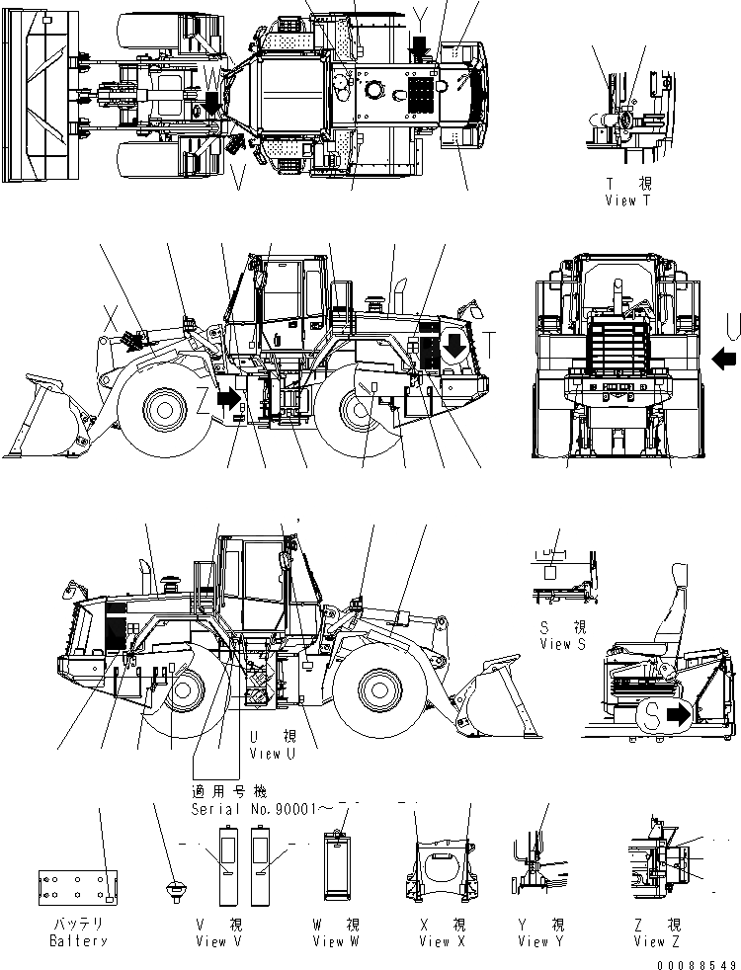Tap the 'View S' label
coord(563,644)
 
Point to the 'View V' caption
coord(225,941)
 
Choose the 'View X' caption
coord(441,941)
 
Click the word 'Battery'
coord(78,941)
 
